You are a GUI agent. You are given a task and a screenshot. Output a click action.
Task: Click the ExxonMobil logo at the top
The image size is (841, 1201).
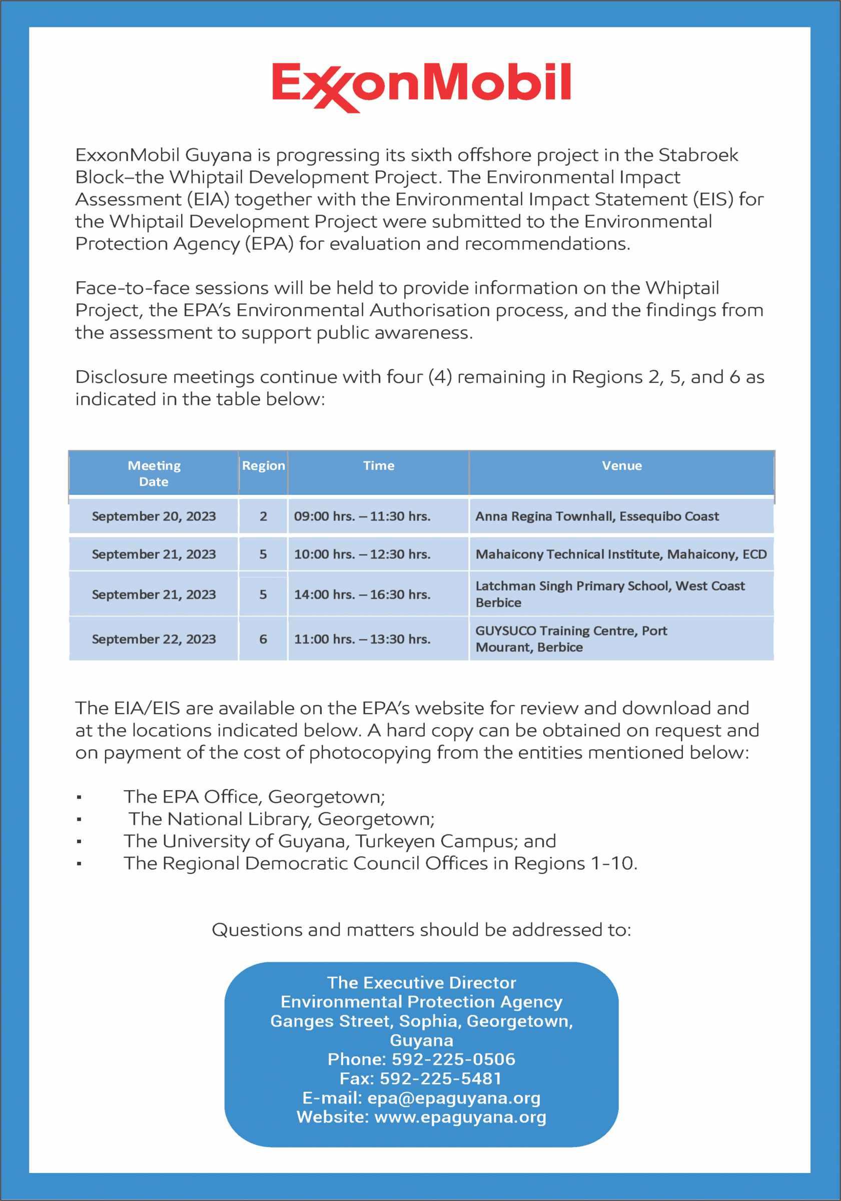[421, 86]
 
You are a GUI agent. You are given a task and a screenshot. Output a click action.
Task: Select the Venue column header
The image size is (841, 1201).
[621, 465]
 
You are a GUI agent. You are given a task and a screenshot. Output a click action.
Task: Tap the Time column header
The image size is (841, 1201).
[379, 465]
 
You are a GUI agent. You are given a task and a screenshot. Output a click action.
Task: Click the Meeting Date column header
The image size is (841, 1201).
[154, 473]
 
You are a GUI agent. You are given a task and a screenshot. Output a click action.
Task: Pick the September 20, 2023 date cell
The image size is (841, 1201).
[154, 516]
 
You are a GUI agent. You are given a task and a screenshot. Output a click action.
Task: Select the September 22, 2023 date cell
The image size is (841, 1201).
[154, 639]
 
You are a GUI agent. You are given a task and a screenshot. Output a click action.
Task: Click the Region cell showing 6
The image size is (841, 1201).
[263, 639]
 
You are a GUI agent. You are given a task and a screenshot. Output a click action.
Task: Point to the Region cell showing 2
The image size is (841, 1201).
[263, 516]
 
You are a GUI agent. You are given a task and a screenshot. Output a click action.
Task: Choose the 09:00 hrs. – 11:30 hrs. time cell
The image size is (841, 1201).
[362, 516]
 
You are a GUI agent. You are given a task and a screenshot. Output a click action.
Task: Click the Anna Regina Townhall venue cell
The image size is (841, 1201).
[597, 516]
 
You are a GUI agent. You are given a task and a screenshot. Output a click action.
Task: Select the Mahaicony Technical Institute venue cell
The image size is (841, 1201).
[621, 554]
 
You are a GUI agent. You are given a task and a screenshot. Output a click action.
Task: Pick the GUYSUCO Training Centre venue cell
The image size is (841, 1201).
[571, 639]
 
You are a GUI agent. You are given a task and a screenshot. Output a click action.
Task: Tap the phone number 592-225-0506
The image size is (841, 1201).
[453, 1059]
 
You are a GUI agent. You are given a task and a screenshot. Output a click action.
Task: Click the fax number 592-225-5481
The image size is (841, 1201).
[440, 1078]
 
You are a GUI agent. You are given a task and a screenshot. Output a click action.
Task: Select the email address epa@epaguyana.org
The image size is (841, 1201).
[453, 1097]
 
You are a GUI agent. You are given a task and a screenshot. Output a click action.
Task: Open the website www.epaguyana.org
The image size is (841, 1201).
[460, 1117]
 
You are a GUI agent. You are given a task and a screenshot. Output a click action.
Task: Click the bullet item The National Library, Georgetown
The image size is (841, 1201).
[281, 819]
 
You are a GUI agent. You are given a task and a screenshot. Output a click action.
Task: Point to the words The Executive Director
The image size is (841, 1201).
[422, 982]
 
